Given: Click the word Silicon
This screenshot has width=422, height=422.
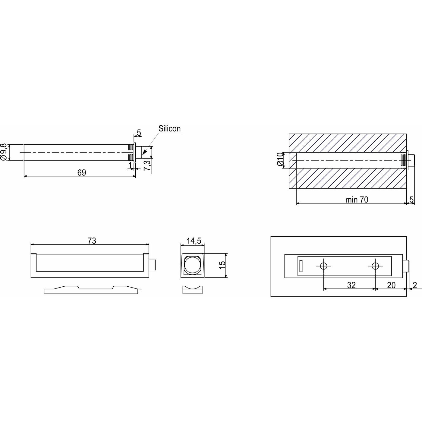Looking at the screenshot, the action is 169,128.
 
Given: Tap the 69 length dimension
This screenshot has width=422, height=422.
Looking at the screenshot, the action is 82,173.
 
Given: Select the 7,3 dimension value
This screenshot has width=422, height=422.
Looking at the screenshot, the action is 147,165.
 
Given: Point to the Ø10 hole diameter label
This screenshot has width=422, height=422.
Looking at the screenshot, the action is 280,159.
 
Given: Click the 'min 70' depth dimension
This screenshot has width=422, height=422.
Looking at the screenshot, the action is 357,200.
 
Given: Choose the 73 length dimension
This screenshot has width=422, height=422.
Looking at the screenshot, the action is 92,241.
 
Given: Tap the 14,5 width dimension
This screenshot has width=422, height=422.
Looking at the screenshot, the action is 194,241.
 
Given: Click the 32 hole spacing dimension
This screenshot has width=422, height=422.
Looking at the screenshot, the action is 351,285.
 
